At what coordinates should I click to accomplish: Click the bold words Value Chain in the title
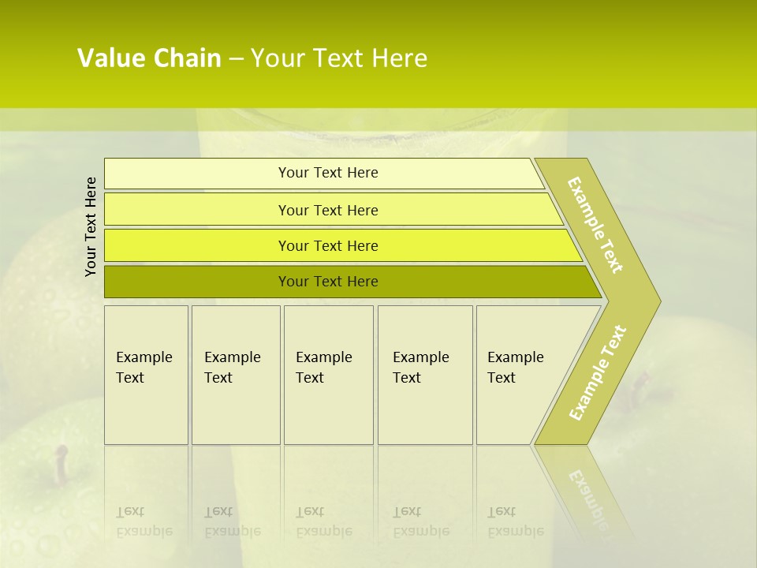click(x=149, y=58)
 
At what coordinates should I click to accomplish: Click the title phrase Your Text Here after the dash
click(x=339, y=58)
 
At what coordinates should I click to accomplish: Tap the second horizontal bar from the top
click(x=328, y=210)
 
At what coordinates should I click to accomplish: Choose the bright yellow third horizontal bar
click(x=328, y=245)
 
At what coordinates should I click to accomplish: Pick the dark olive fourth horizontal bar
click(x=328, y=282)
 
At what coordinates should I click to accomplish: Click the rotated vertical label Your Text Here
click(x=91, y=226)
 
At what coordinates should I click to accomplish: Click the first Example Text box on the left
click(x=146, y=375)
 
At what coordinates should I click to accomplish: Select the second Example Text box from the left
click(x=235, y=375)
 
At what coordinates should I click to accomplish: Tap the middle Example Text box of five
click(x=328, y=375)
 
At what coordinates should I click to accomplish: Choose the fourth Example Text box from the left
click(x=424, y=375)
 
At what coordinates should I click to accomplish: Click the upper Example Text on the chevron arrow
click(x=595, y=225)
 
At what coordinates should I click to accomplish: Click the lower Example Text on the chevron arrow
click(x=598, y=372)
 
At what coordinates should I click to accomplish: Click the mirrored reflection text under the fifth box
click(x=516, y=521)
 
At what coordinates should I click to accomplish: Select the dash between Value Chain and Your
click(x=236, y=59)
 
